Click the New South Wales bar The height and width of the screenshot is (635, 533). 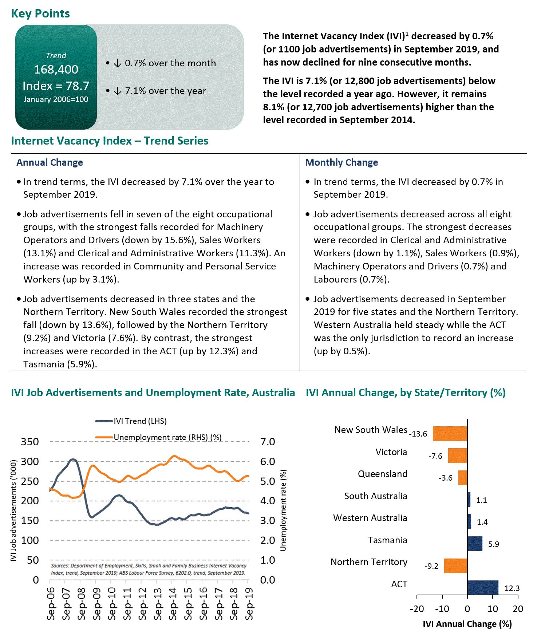coord(450,434)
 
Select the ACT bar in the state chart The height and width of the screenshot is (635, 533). coord(483,588)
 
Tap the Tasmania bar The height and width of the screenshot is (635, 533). coord(475,544)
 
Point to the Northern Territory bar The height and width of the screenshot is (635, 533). coord(455,565)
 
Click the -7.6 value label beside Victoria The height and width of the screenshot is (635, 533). coord(435,456)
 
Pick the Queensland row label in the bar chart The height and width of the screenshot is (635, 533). coord(382,474)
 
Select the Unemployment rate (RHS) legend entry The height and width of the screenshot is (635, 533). coord(167,437)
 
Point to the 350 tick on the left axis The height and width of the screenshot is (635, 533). coord(30,442)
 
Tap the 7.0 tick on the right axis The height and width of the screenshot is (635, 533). coord(268,442)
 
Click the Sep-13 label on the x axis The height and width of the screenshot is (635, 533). coord(158,603)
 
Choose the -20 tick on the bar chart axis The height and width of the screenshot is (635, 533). coord(417,609)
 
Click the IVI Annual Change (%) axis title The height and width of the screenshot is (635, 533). coord(467,624)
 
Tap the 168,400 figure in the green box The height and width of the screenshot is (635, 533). coord(56,70)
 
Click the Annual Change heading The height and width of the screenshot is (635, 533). coord(50,162)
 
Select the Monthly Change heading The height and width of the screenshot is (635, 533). coord(341,162)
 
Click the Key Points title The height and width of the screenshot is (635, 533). coord(40,13)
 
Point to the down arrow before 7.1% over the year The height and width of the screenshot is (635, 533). coord(117,91)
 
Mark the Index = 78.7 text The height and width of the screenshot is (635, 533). coord(56,86)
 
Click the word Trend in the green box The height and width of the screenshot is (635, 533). coord(56,56)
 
